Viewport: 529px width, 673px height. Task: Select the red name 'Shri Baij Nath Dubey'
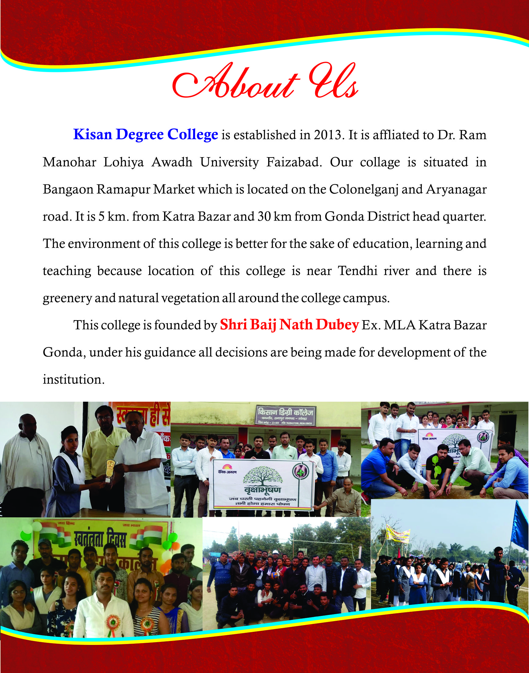pyautogui.click(x=289, y=325)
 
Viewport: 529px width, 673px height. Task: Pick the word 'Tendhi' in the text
pyautogui.click(x=358, y=271)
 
